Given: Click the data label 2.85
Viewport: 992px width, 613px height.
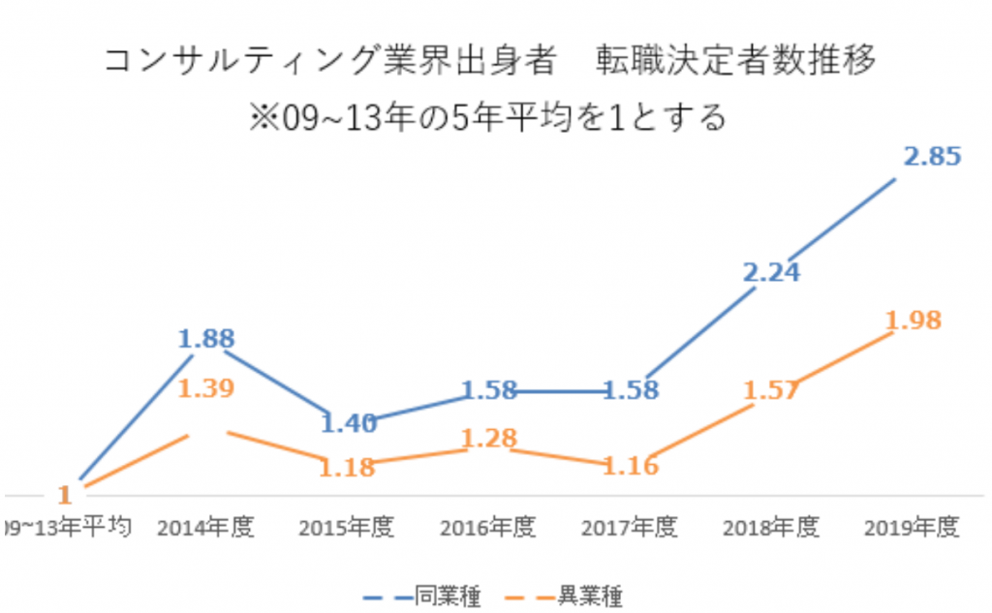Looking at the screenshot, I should coord(932,156).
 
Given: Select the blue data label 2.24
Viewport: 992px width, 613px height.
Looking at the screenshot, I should coord(772,273).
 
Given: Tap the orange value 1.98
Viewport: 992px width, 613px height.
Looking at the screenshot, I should coord(913,321).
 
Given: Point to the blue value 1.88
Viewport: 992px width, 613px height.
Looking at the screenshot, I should coord(205,340).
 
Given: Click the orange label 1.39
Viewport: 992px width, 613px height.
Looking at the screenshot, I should coord(205,389).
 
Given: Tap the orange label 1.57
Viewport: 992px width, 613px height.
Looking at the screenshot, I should coord(772,390).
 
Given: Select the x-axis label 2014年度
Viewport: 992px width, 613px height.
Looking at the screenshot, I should coord(205,528).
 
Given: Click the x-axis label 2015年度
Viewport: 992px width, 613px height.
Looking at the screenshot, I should coord(346,528).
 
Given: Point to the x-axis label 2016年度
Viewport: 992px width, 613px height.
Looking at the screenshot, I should coord(487,528).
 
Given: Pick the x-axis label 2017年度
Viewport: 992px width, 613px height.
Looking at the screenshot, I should coord(630,528).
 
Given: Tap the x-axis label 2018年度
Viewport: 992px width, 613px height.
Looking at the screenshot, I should coord(771,528).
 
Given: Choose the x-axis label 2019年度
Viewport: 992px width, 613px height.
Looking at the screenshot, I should coord(912,528).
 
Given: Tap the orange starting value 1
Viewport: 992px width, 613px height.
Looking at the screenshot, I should coord(64,494).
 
